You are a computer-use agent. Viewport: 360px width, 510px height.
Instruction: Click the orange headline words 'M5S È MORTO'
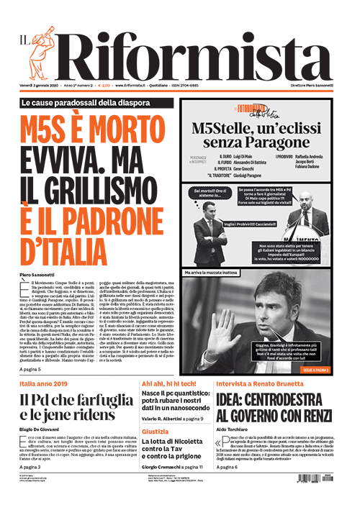pyautogui.click(x=95, y=132)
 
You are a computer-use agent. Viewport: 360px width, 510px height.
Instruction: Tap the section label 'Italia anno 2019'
pyautogui.click(x=43, y=384)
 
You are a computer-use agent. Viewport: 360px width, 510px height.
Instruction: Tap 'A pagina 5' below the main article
pyautogui.click(x=31, y=369)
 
